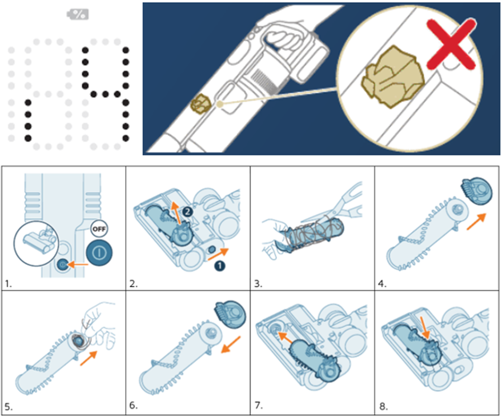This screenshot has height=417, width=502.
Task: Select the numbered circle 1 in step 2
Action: pyautogui.click(x=219, y=264)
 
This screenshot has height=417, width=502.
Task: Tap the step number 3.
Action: pyautogui.click(x=257, y=281)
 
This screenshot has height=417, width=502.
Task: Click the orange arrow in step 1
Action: pyautogui.click(x=81, y=264)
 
